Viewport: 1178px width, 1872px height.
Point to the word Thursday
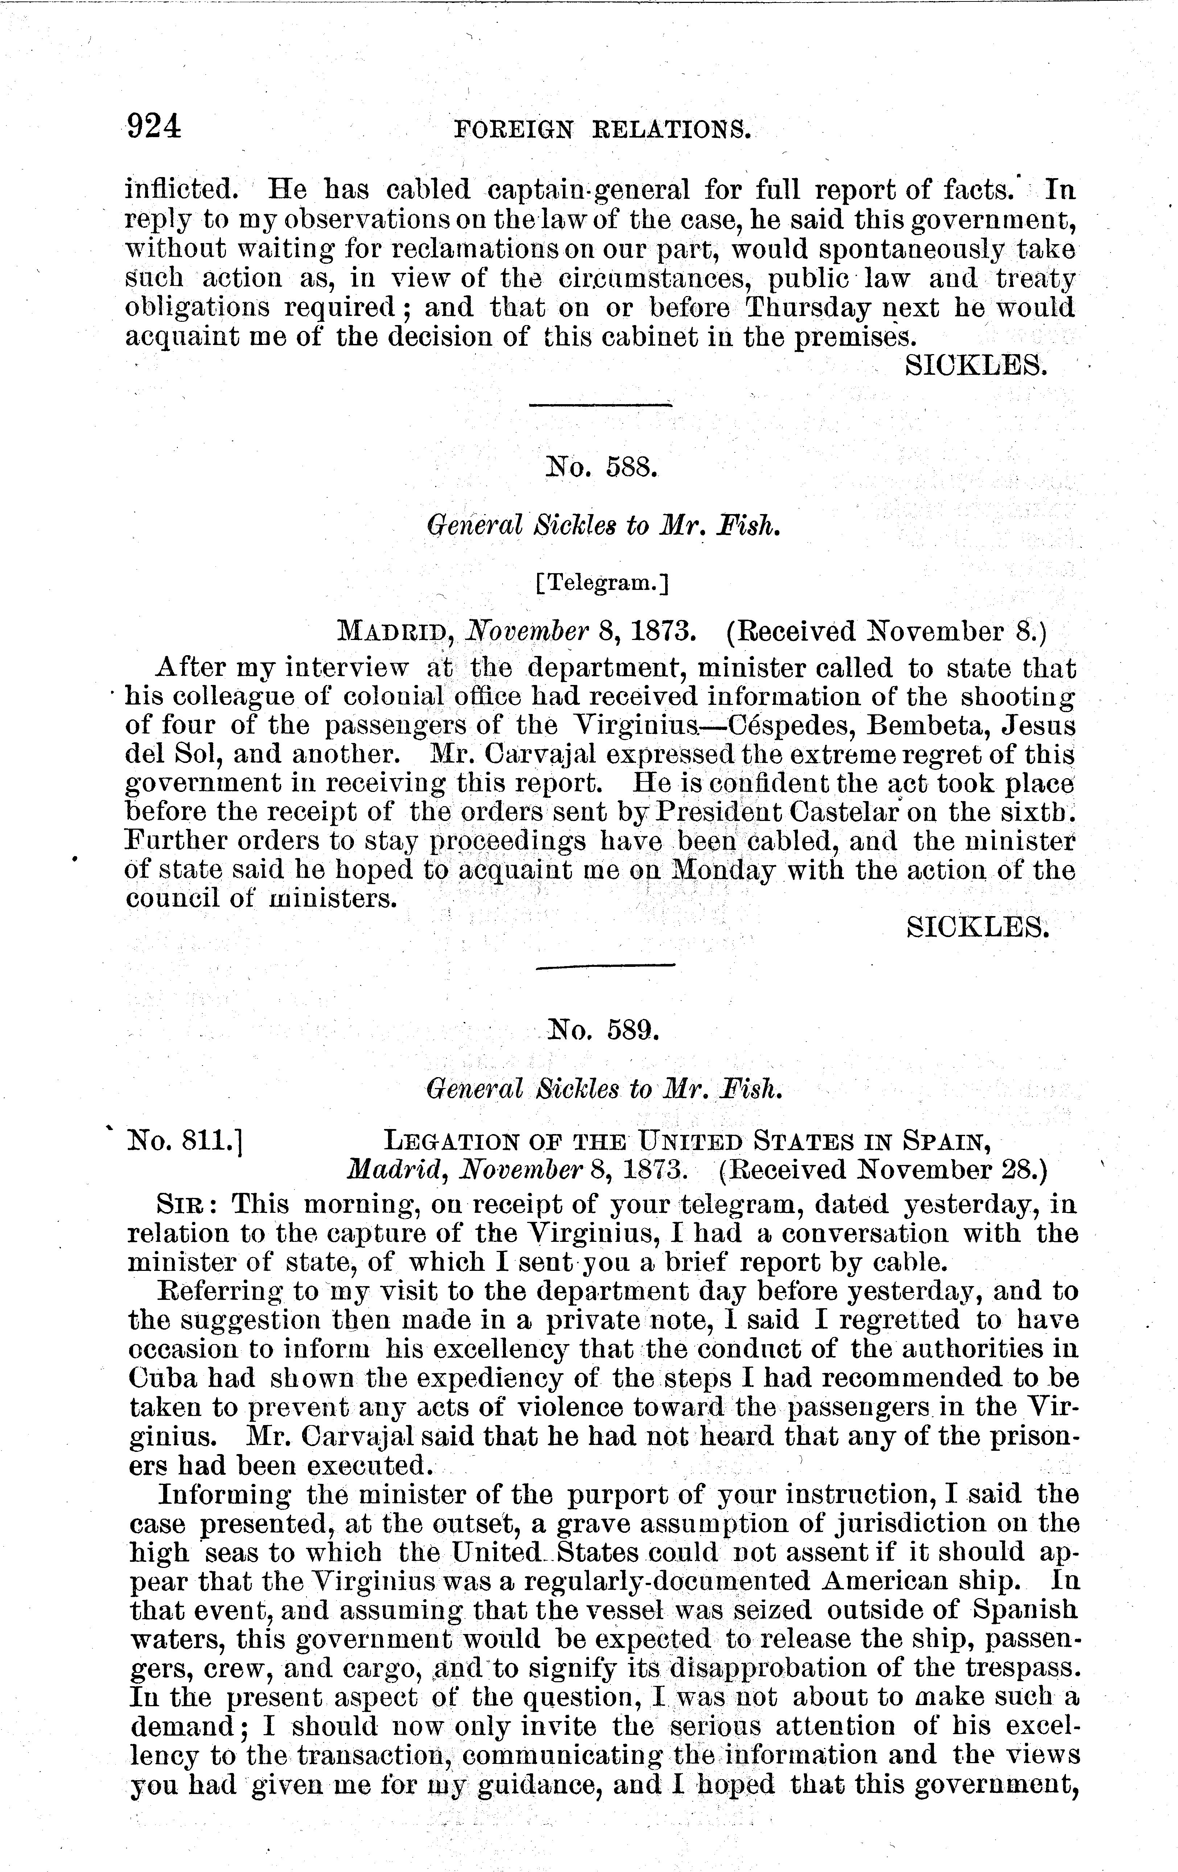click(807, 308)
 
